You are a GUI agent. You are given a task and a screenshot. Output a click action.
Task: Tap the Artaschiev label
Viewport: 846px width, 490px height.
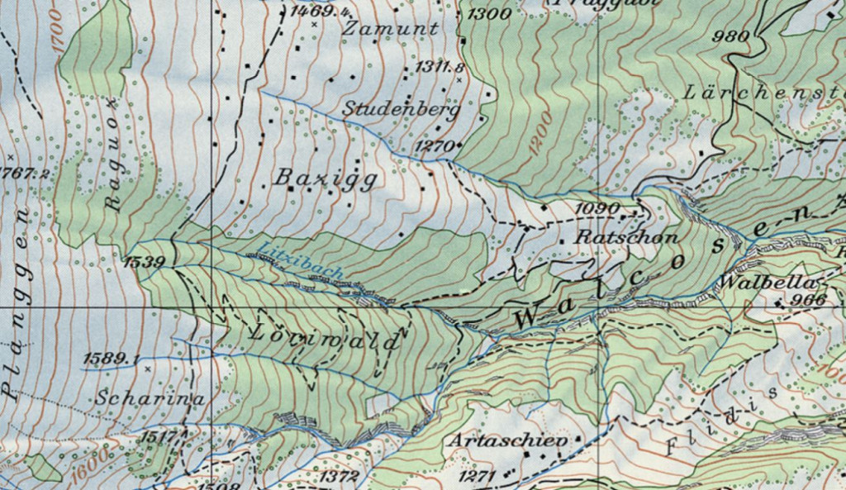click(508, 440)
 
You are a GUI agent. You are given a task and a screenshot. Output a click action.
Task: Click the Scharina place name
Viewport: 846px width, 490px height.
click(149, 397)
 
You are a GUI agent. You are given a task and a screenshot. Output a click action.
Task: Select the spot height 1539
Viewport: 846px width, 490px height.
click(145, 263)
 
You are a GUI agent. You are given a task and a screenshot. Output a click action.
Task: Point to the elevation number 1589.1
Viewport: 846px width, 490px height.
click(110, 359)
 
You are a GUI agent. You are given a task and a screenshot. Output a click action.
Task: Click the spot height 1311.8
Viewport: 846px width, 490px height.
click(440, 67)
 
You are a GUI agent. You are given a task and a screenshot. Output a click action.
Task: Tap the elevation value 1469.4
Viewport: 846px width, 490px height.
click(320, 12)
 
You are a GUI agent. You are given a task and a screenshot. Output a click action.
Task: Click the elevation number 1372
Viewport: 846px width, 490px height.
click(339, 477)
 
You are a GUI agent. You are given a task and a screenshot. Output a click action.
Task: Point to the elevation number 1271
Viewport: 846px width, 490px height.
click(476, 476)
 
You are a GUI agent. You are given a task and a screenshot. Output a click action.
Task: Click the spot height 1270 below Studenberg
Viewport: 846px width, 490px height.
click(434, 146)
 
